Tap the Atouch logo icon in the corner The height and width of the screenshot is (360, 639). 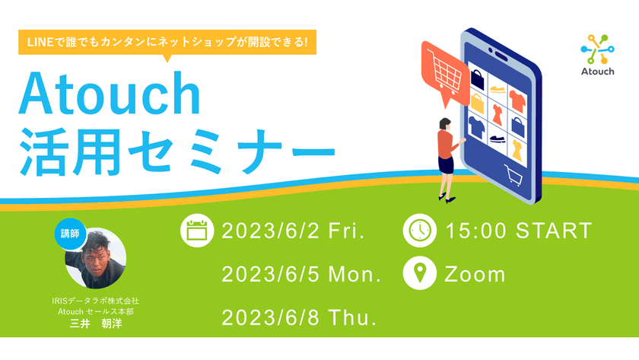[x=597, y=50]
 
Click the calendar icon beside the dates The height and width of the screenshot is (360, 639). [x=197, y=231]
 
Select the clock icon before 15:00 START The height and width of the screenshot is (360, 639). [x=420, y=231]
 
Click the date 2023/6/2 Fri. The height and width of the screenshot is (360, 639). [x=293, y=231]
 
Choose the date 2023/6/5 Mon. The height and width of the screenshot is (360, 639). [x=300, y=274]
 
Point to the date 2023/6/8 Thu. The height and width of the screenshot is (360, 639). [x=299, y=317]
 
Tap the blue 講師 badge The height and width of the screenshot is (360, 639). [x=69, y=234]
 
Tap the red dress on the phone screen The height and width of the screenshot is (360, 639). [x=497, y=114]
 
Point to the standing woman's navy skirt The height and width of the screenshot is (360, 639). [x=446, y=164]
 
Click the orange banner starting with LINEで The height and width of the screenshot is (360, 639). [x=167, y=41]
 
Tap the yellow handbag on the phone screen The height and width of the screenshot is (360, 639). [x=478, y=102]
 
